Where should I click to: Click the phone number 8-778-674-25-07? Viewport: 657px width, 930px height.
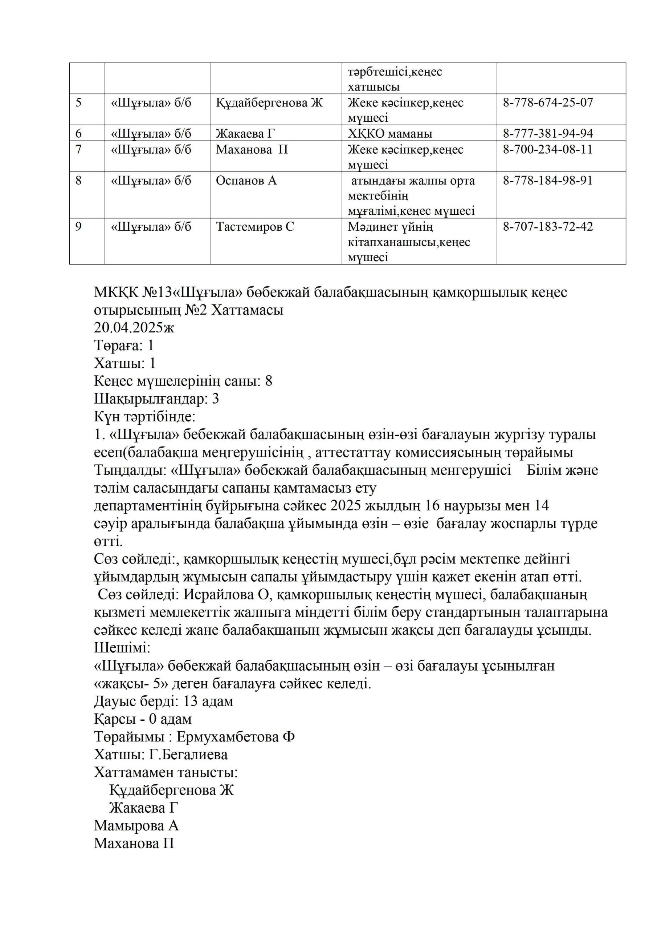pos(547,102)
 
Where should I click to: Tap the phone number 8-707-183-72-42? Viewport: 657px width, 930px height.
pos(547,227)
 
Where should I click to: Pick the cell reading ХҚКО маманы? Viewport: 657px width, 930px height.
pos(389,134)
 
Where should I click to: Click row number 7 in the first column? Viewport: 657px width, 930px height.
pos(78,149)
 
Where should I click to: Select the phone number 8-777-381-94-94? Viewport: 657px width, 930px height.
pos(547,134)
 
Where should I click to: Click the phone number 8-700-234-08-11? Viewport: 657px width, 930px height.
pos(547,149)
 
